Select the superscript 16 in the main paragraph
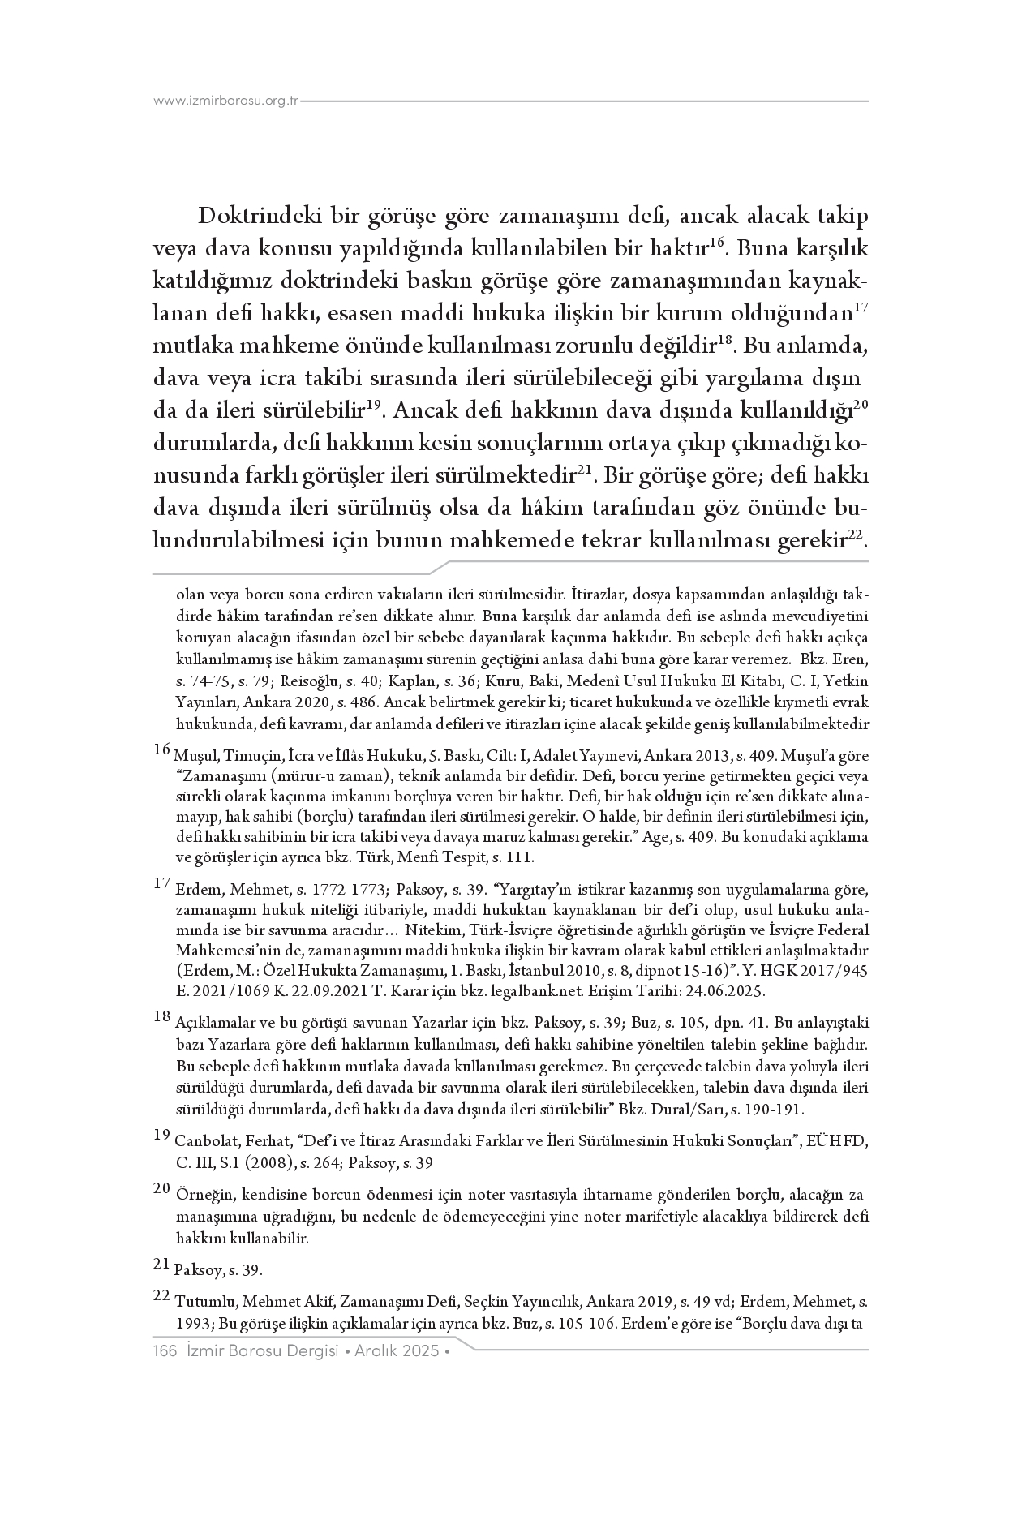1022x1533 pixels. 715,243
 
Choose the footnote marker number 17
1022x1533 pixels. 162,883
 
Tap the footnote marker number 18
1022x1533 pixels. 162,1016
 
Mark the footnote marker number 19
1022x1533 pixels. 162,1134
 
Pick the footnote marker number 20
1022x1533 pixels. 162,1189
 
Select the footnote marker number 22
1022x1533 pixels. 162,1296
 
